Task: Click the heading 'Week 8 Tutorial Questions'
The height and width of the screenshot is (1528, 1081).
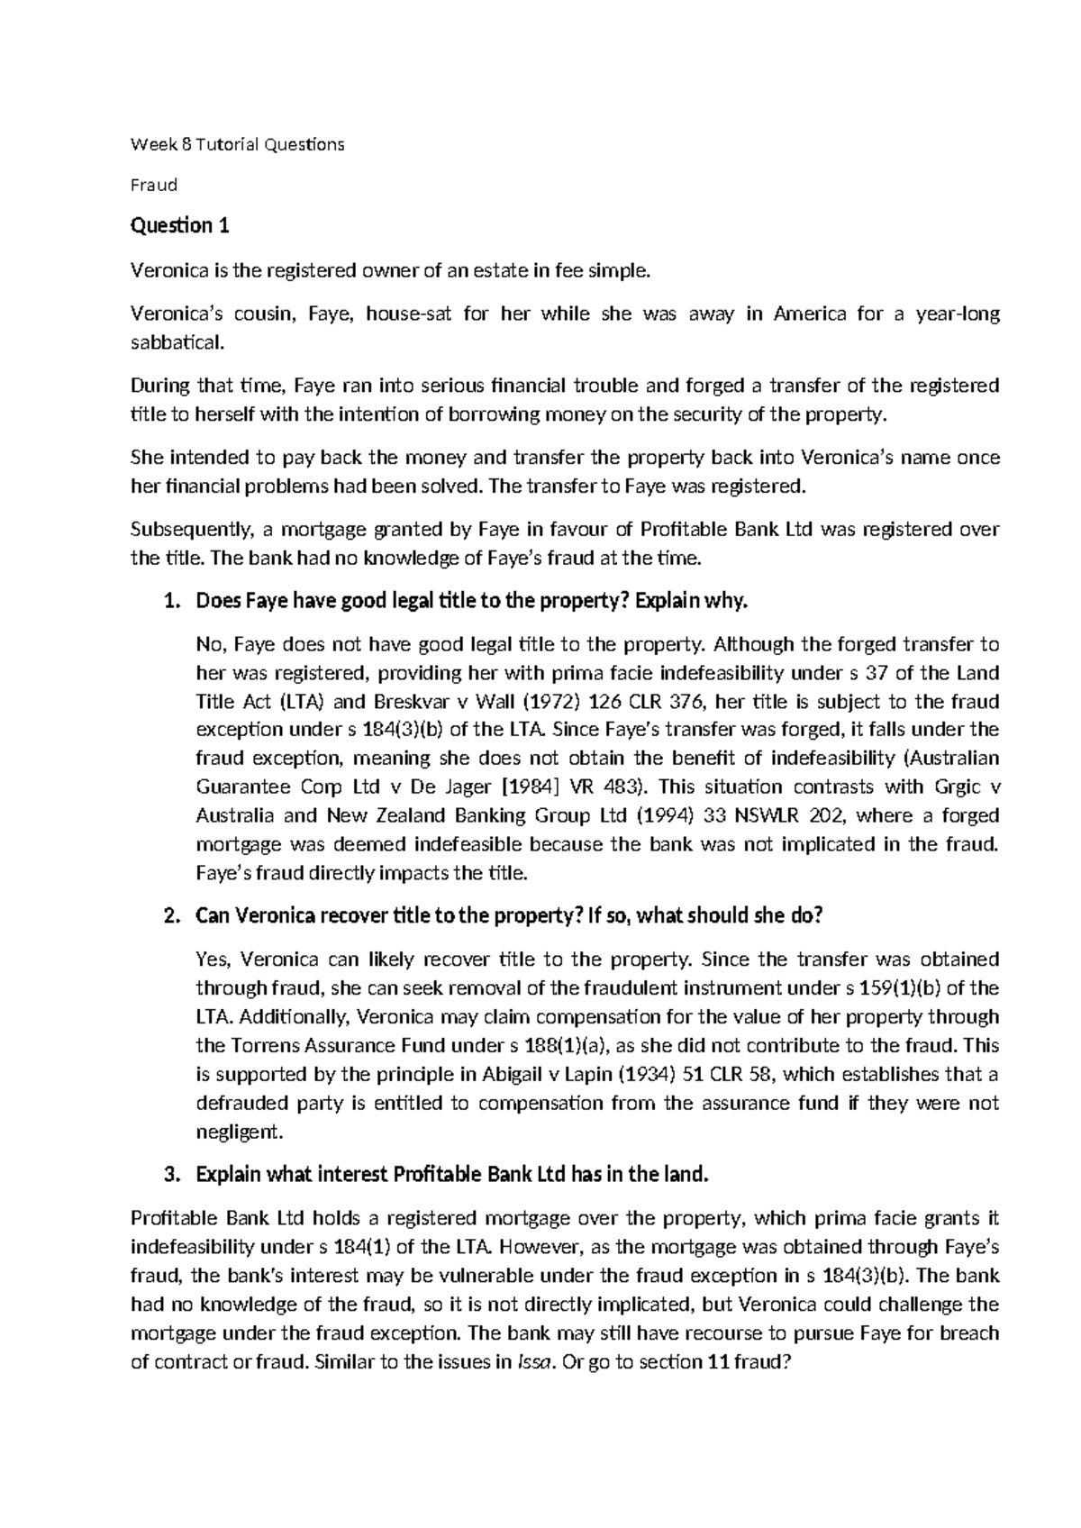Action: click(x=237, y=144)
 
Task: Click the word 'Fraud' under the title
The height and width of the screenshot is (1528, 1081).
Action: click(x=154, y=186)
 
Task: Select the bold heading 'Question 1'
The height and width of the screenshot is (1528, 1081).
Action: click(x=180, y=226)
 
